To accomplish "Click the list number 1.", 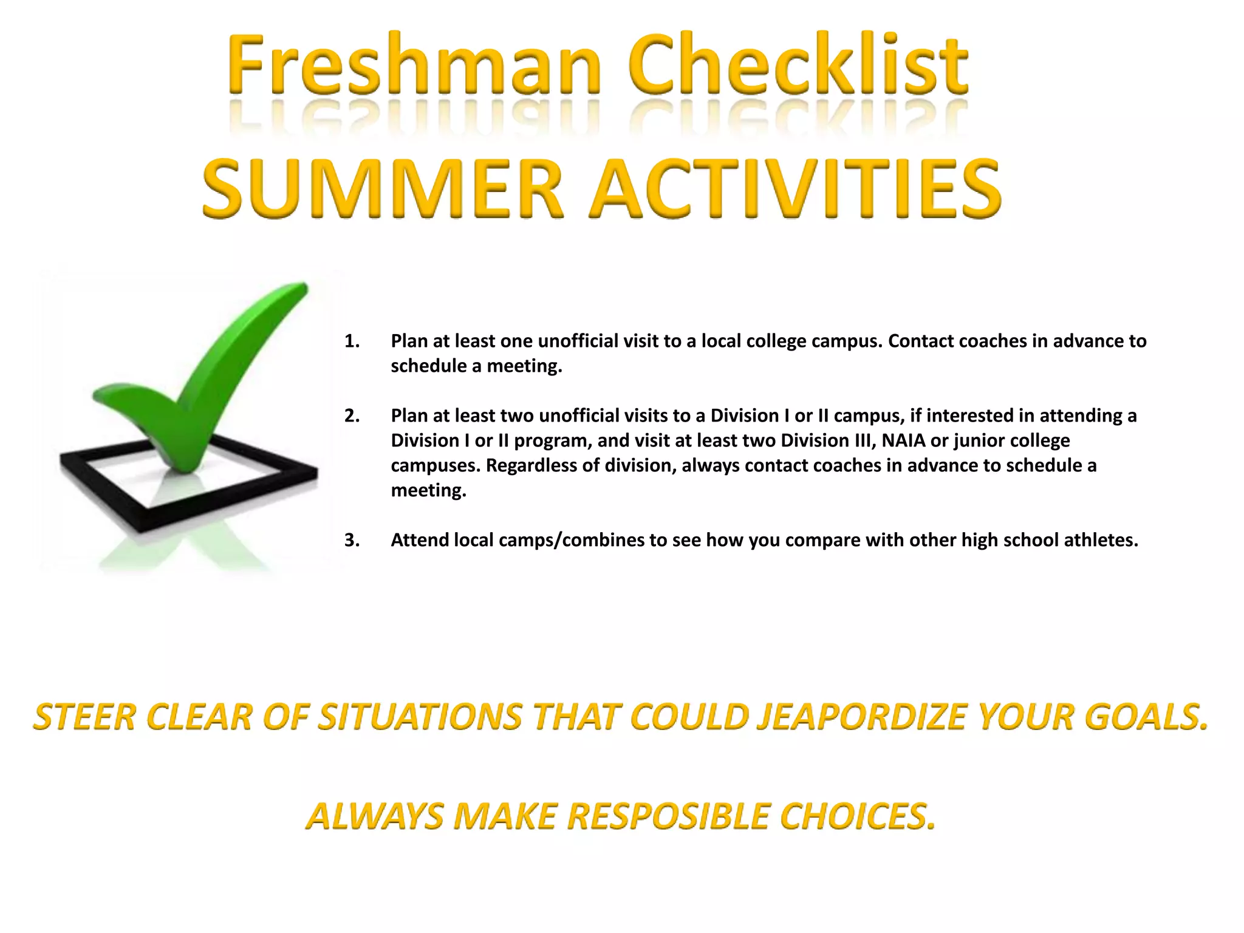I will pos(351,341).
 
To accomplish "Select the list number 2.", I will pos(351,416).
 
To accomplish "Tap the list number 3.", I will pos(351,540).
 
